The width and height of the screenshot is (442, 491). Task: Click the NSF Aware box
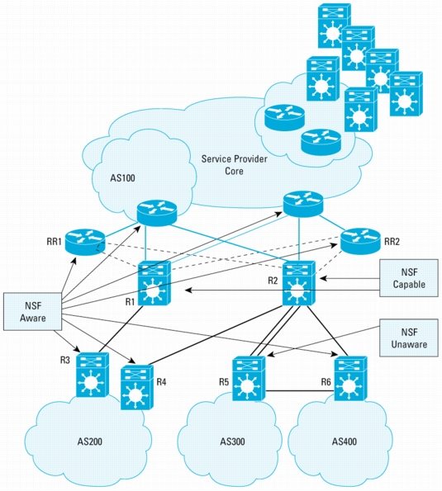pos(32,311)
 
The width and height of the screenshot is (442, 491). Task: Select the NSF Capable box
pos(409,278)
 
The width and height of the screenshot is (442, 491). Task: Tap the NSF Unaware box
pos(409,338)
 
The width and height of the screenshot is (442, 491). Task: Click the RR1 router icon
pos(84,242)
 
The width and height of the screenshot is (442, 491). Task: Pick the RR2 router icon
pos(360,241)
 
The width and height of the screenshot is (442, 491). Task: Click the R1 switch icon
pos(154,283)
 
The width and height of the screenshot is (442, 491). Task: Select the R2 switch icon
pos(299,283)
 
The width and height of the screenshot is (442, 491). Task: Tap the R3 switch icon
pos(93,375)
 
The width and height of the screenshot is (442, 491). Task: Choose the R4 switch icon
pos(137,387)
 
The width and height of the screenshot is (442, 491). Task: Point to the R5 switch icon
pos(249,378)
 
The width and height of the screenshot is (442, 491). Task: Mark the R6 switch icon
pos(351,378)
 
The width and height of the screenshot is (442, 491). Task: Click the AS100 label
pos(122,178)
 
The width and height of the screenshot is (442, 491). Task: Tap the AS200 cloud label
pos(90,441)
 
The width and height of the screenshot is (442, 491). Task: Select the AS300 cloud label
pos(232,441)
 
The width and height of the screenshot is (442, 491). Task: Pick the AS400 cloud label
pos(345,441)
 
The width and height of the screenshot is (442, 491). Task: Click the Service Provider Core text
pos(234,165)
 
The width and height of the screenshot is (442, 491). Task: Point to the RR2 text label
pos(392,242)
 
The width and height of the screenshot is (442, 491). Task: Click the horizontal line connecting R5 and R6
pos(300,391)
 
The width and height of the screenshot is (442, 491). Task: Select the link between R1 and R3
pos(121,329)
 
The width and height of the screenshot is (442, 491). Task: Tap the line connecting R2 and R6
pos(327,331)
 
